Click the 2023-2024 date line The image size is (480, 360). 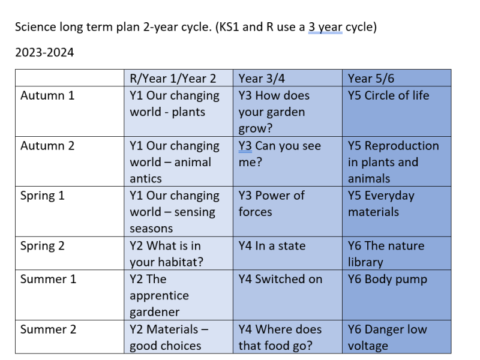click(x=44, y=53)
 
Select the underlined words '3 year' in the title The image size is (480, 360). click(x=325, y=27)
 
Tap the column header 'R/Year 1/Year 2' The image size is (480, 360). click(x=173, y=79)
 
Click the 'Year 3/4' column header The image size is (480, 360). click(x=262, y=79)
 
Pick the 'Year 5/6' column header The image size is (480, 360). click(x=371, y=79)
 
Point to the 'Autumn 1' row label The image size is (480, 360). click(x=47, y=95)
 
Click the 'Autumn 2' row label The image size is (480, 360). click(x=47, y=146)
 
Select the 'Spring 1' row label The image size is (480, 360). click(x=43, y=196)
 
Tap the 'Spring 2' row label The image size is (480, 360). click(x=43, y=246)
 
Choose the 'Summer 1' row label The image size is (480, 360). click(x=49, y=279)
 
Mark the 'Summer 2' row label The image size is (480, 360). click(x=49, y=329)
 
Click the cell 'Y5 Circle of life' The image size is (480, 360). click(x=388, y=95)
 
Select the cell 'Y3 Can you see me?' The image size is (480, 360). click(x=280, y=154)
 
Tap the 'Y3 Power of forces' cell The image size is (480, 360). click(x=272, y=204)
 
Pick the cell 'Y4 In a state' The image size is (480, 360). click(x=272, y=246)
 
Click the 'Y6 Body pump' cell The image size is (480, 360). click(x=388, y=280)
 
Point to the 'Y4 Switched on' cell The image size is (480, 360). click(x=280, y=279)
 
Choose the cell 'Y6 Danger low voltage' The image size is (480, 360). click(x=387, y=338)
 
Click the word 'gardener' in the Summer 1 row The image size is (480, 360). click(x=155, y=313)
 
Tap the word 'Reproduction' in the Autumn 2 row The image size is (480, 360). click(x=402, y=146)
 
